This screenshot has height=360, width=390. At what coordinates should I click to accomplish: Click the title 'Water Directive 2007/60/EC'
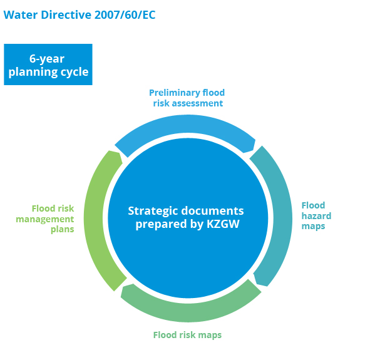coord(80,14)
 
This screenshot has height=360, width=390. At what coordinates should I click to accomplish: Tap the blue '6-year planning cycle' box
coord(48,64)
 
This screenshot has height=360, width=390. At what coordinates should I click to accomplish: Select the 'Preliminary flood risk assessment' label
coord(187,98)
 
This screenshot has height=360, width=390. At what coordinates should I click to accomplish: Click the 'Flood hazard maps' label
coord(316,216)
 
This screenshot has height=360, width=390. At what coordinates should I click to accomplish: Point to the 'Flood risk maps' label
coord(187,335)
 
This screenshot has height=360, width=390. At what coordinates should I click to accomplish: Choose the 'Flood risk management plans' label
coord(45,219)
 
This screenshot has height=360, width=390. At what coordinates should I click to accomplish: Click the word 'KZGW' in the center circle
coord(223,224)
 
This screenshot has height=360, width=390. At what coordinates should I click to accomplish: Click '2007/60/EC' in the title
coord(125,14)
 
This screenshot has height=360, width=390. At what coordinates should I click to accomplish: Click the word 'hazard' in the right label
coord(316,216)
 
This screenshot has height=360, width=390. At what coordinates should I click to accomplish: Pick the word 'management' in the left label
coord(45,219)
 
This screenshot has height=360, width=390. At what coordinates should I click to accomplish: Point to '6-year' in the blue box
coord(47,59)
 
